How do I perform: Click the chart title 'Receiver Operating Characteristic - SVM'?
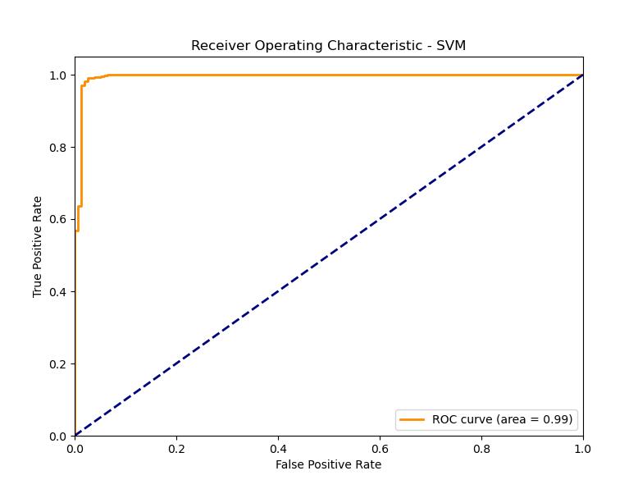coord(328,46)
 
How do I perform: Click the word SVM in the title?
coord(450,46)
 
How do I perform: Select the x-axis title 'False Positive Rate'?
coord(328,464)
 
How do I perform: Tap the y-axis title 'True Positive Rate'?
coord(37,246)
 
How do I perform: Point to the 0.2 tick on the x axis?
coord(176,448)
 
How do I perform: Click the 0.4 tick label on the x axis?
coord(278,448)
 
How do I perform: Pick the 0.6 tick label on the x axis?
coord(380,448)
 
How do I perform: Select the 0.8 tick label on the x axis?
coord(481,448)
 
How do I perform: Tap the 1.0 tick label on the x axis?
coord(582,448)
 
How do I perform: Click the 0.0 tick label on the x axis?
coord(75,448)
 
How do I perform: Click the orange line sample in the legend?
coord(412,419)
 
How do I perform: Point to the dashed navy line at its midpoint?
coord(329,255)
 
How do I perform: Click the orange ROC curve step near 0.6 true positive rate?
coord(80,206)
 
